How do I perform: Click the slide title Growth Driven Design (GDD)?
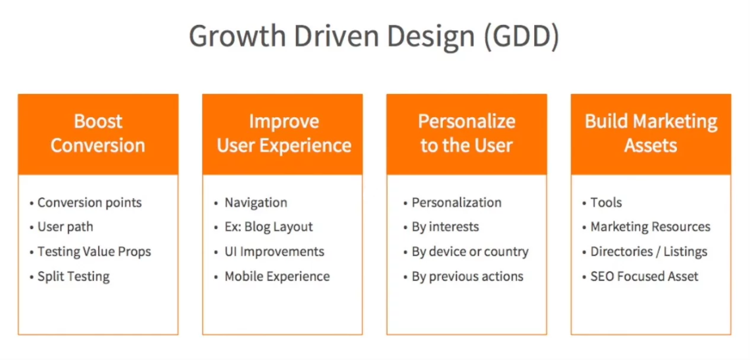click(x=374, y=37)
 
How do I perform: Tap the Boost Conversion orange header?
click(x=98, y=134)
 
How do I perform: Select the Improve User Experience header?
click(x=282, y=134)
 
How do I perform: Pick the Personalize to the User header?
click(x=467, y=134)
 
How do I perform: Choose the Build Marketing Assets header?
click(x=651, y=134)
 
